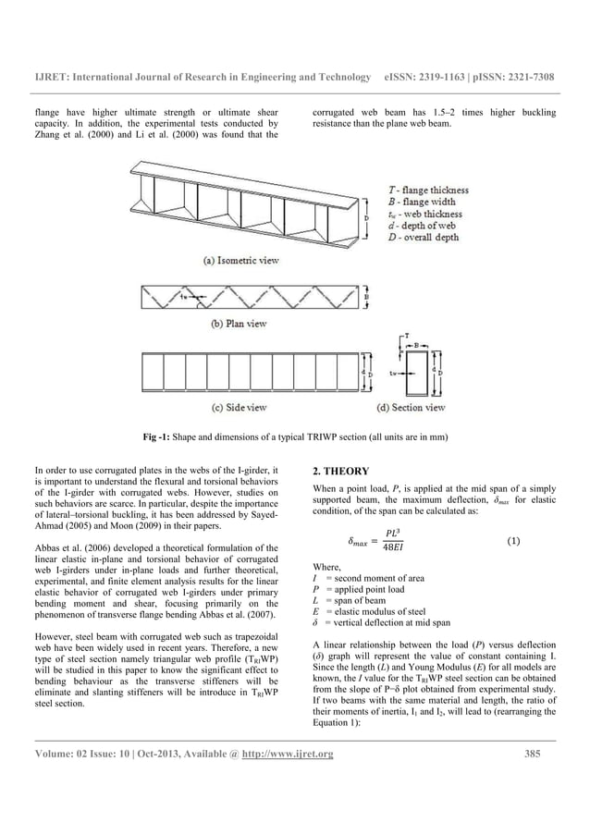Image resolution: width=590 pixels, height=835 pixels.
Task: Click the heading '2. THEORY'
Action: point(342,471)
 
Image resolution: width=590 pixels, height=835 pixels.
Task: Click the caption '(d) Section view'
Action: point(412,407)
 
